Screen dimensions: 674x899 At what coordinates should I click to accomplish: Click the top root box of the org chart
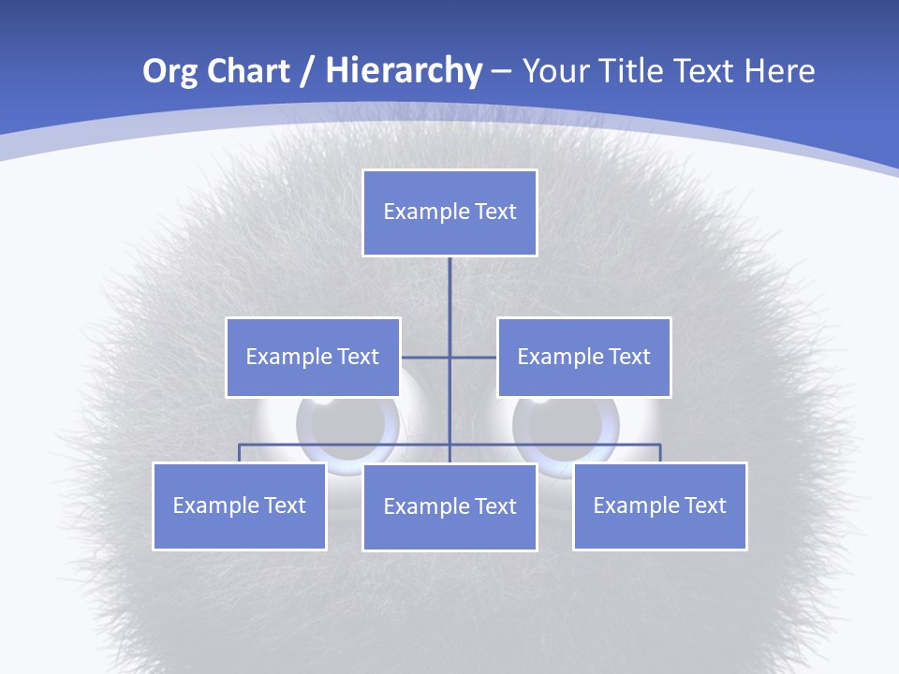[x=449, y=212]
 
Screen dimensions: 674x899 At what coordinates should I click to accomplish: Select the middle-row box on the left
[x=313, y=357]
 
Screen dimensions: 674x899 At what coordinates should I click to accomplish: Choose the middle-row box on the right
[x=583, y=357]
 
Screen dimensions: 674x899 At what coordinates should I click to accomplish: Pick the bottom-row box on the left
[x=240, y=505]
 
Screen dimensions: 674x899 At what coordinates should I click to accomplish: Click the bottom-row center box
[x=449, y=506]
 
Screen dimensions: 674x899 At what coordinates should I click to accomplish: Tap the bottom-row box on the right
[x=659, y=505]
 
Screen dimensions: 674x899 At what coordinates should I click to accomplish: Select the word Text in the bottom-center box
[x=495, y=506]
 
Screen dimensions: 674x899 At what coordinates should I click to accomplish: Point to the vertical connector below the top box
[x=449, y=290]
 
